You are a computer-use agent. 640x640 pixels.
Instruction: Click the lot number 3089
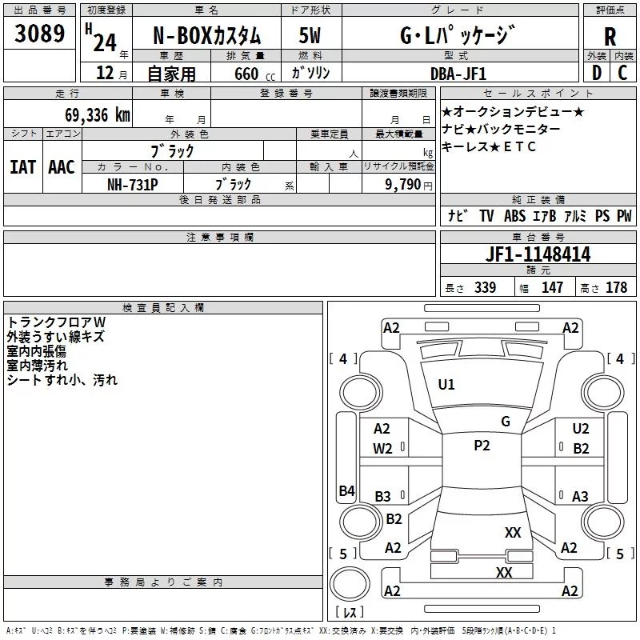pos(40,34)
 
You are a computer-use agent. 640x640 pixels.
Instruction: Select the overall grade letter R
pos(610,36)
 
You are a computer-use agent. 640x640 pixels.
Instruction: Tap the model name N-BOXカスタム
pos(207,36)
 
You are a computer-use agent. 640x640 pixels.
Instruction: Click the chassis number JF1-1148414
pos(538,254)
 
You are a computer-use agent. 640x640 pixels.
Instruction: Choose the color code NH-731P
pos(132,183)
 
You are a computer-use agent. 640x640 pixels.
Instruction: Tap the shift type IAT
pos(22,166)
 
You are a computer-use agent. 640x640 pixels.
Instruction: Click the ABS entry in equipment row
pos(514,216)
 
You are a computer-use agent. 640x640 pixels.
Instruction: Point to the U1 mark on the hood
pos(446,385)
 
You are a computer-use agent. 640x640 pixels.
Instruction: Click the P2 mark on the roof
pos(482,446)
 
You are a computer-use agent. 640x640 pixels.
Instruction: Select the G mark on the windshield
pos(505,422)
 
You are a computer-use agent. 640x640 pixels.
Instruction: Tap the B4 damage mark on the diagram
pos(346,490)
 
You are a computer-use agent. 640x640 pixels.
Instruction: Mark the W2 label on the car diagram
pos(382,449)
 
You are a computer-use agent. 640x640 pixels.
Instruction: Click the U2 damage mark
pos(581,430)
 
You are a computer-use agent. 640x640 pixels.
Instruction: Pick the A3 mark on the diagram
pos(580,496)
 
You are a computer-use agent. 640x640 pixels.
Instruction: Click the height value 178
pos(617,287)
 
